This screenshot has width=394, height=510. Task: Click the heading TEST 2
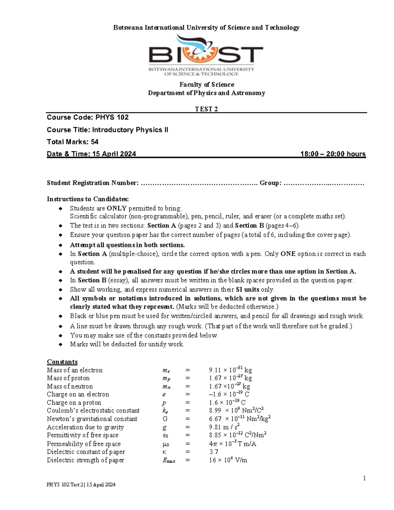pyautogui.click(x=206, y=109)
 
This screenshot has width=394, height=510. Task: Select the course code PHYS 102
pyautogui.click(x=112, y=117)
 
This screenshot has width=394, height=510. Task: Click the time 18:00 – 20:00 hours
pyautogui.click(x=333, y=154)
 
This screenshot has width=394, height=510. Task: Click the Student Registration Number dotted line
pyautogui.click(x=199, y=183)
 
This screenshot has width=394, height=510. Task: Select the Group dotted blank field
pyautogui.click(x=324, y=183)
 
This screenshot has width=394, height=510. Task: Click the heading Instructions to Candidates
pyautogui.click(x=88, y=199)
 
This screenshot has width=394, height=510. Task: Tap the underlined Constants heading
pyautogui.click(x=62, y=362)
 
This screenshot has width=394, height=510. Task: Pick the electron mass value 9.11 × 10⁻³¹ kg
pyautogui.click(x=230, y=370)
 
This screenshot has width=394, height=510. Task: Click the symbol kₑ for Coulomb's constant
pyautogui.click(x=165, y=411)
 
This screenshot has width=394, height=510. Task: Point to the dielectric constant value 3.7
pyautogui.click(x=213, y=452)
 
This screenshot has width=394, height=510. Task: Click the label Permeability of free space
pyautogui.click(x=84, y=444)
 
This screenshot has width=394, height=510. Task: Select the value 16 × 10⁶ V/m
pyautogui.click(x=228, y=460)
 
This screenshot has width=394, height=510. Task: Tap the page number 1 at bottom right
pyautogui.click(x=364, y=478)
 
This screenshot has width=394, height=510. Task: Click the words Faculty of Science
pyautogui.click(x=207, y=85)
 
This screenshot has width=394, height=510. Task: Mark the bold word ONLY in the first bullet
pyautogui.click(x=117, y=209)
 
